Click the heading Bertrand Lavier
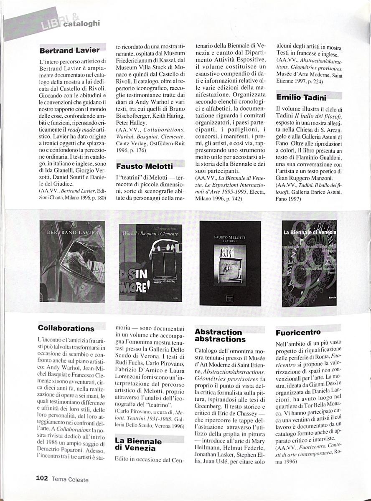click(69, 51)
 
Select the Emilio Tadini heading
click(301, 98)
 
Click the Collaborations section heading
click(66, 328)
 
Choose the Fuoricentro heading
click(298, 333)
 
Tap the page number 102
click(42, 479)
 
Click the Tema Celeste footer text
click(70, 480)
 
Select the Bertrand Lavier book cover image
click(72, 261)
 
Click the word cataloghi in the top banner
click(82, 24)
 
